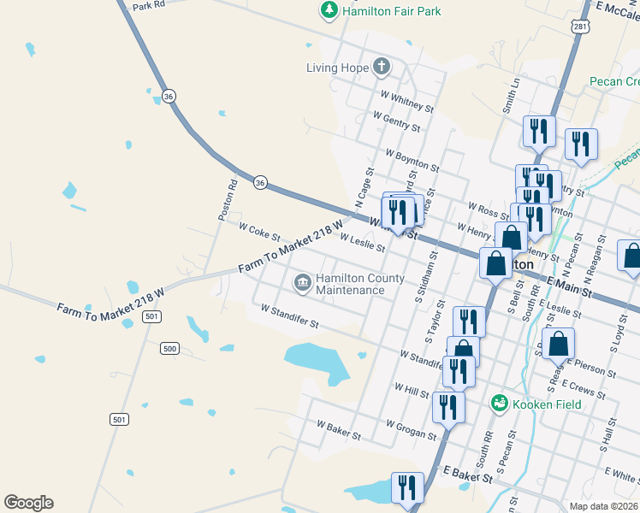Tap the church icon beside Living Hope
point(382,67)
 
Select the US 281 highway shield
point(582,26)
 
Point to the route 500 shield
point(169,348)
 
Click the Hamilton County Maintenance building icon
point(302,282)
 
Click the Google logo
point(28,503)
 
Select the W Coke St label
point(259,231)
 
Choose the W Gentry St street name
point(396,122)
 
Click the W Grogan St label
point(411,429)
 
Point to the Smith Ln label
point(513,97)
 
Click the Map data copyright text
point(604,506)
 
